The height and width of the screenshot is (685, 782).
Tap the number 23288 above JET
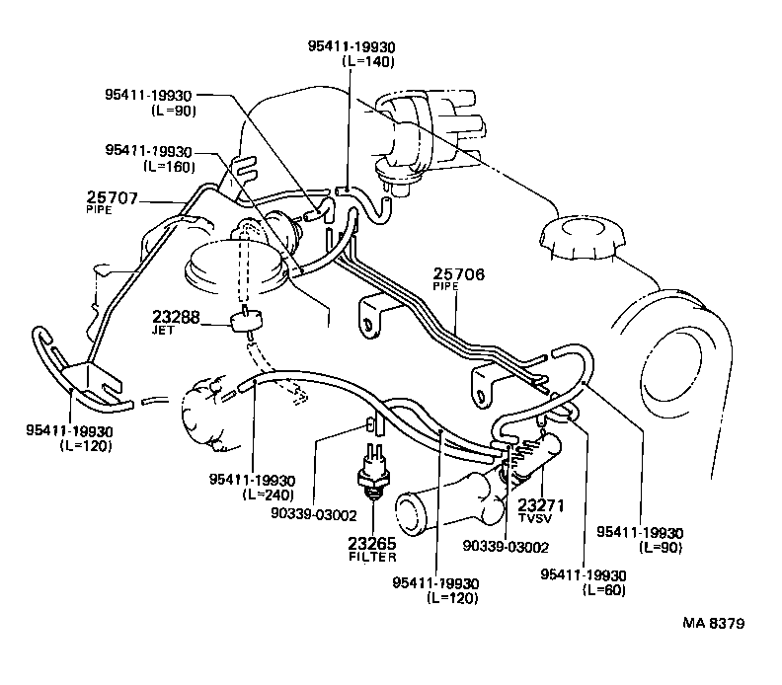[x=176, y=318]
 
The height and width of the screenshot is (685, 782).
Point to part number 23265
[x=372, y=544]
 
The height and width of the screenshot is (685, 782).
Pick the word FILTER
[x=372, y=558]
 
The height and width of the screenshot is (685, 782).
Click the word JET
[x=163, y=331]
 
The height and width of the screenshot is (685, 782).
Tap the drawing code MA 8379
[x=713, y=624]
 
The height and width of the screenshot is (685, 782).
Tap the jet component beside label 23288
[x=247, y=321]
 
